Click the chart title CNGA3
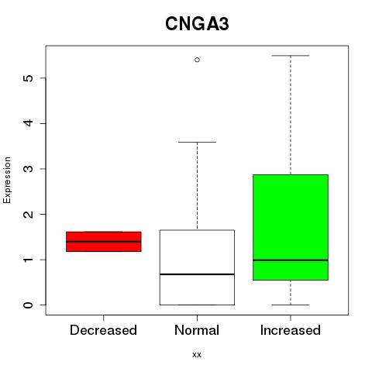[x=197, y=24]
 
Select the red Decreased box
[x=104, y=242]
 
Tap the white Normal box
[x=197, y=267]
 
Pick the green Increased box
[x=291, y=227]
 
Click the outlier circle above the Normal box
[x=197, y=60]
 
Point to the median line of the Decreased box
[x=104, y=242]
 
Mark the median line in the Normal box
[x=197, y=274]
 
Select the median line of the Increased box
[x=291, y=260]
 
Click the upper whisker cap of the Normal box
[x=197, y=142]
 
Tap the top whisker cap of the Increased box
[x=291, y=56]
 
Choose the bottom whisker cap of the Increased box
[x=291, y=305]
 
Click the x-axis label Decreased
[x=103, y=330]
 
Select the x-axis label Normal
[x=197, y=330]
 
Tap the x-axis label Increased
[x=291, y=330]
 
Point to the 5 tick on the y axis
[x=43, y=78]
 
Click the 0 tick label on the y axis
[x=29, y=305]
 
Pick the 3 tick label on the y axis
[x=29, y=169]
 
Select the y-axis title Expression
[x=7, y=180]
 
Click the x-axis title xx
[x=197, y=355]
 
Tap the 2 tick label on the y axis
[x=29, y=214]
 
